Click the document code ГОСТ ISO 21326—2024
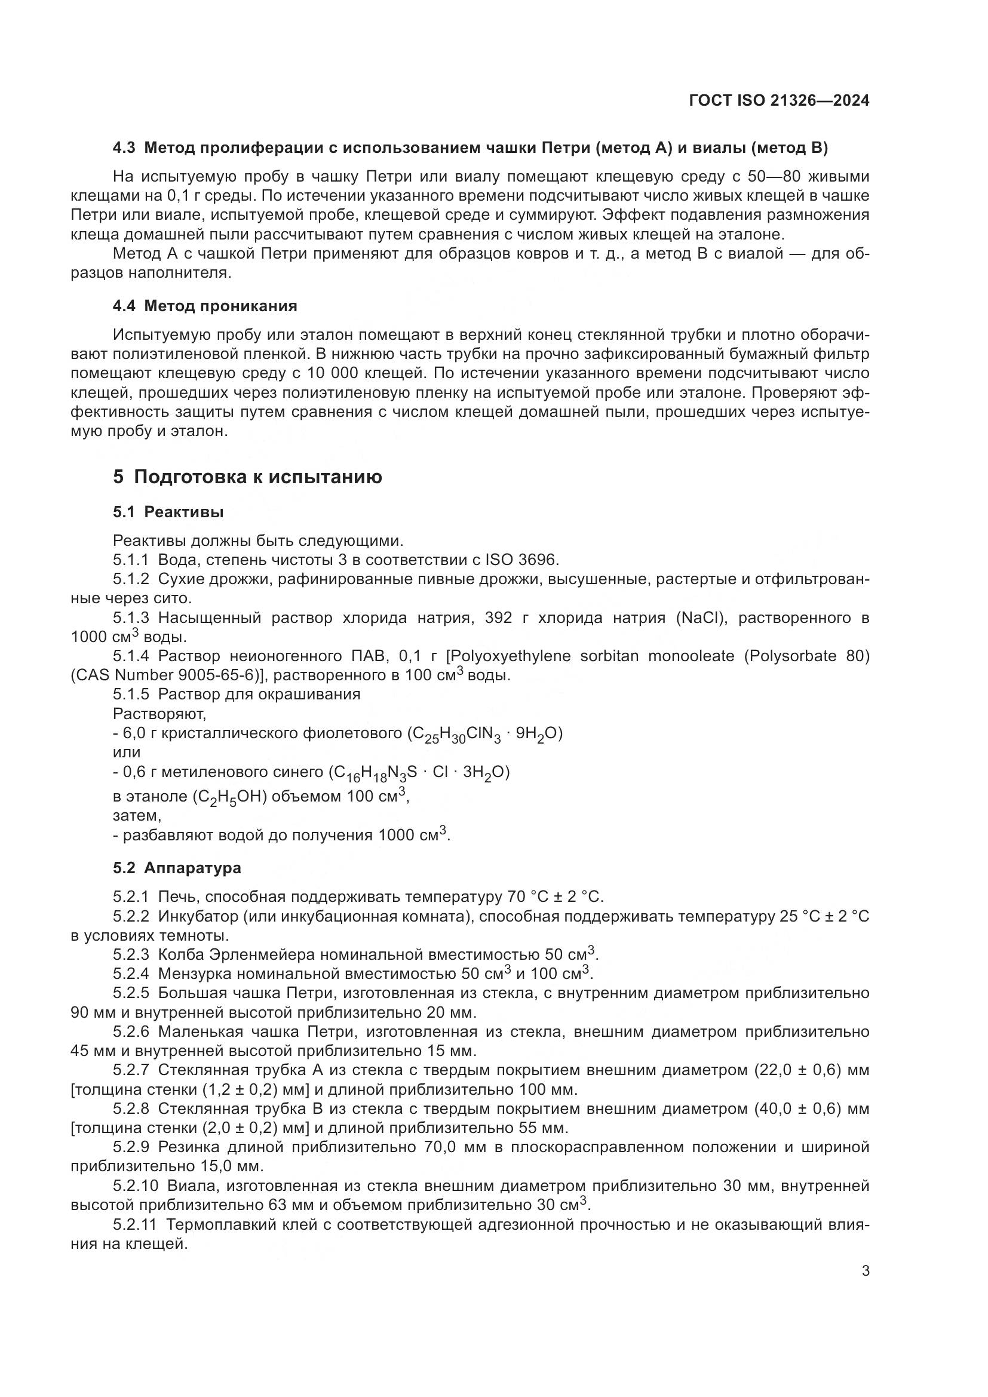[x=779, y=101]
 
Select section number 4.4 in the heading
[x=124, y=306]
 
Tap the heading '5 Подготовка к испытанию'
[x=247, y=477]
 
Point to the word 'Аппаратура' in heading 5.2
[x=192, y=868]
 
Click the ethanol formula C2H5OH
[x=231, y=797]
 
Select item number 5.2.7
[x=131, y=1070]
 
